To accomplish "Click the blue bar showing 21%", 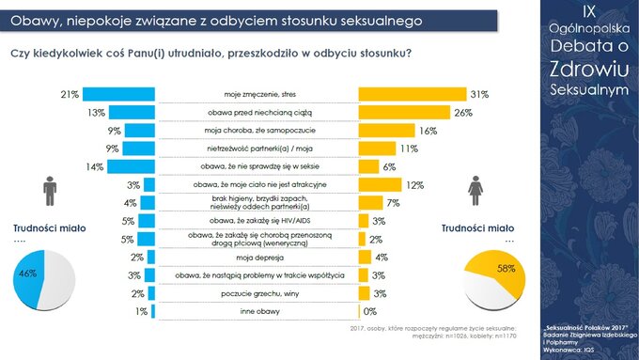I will [x=118, y=95].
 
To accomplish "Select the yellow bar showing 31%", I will [x=412, y=95].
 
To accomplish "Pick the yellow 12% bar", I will [x=380, y=185].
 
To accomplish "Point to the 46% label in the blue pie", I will [x=27, y=273].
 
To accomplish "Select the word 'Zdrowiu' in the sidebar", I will [x=587, y=71].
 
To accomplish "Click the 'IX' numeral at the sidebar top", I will [x=587, y=11].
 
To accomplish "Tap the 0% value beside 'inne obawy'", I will [x=370, y=311].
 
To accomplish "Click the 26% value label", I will [x=461, y=113].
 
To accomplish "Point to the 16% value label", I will [x=428, y=131].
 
